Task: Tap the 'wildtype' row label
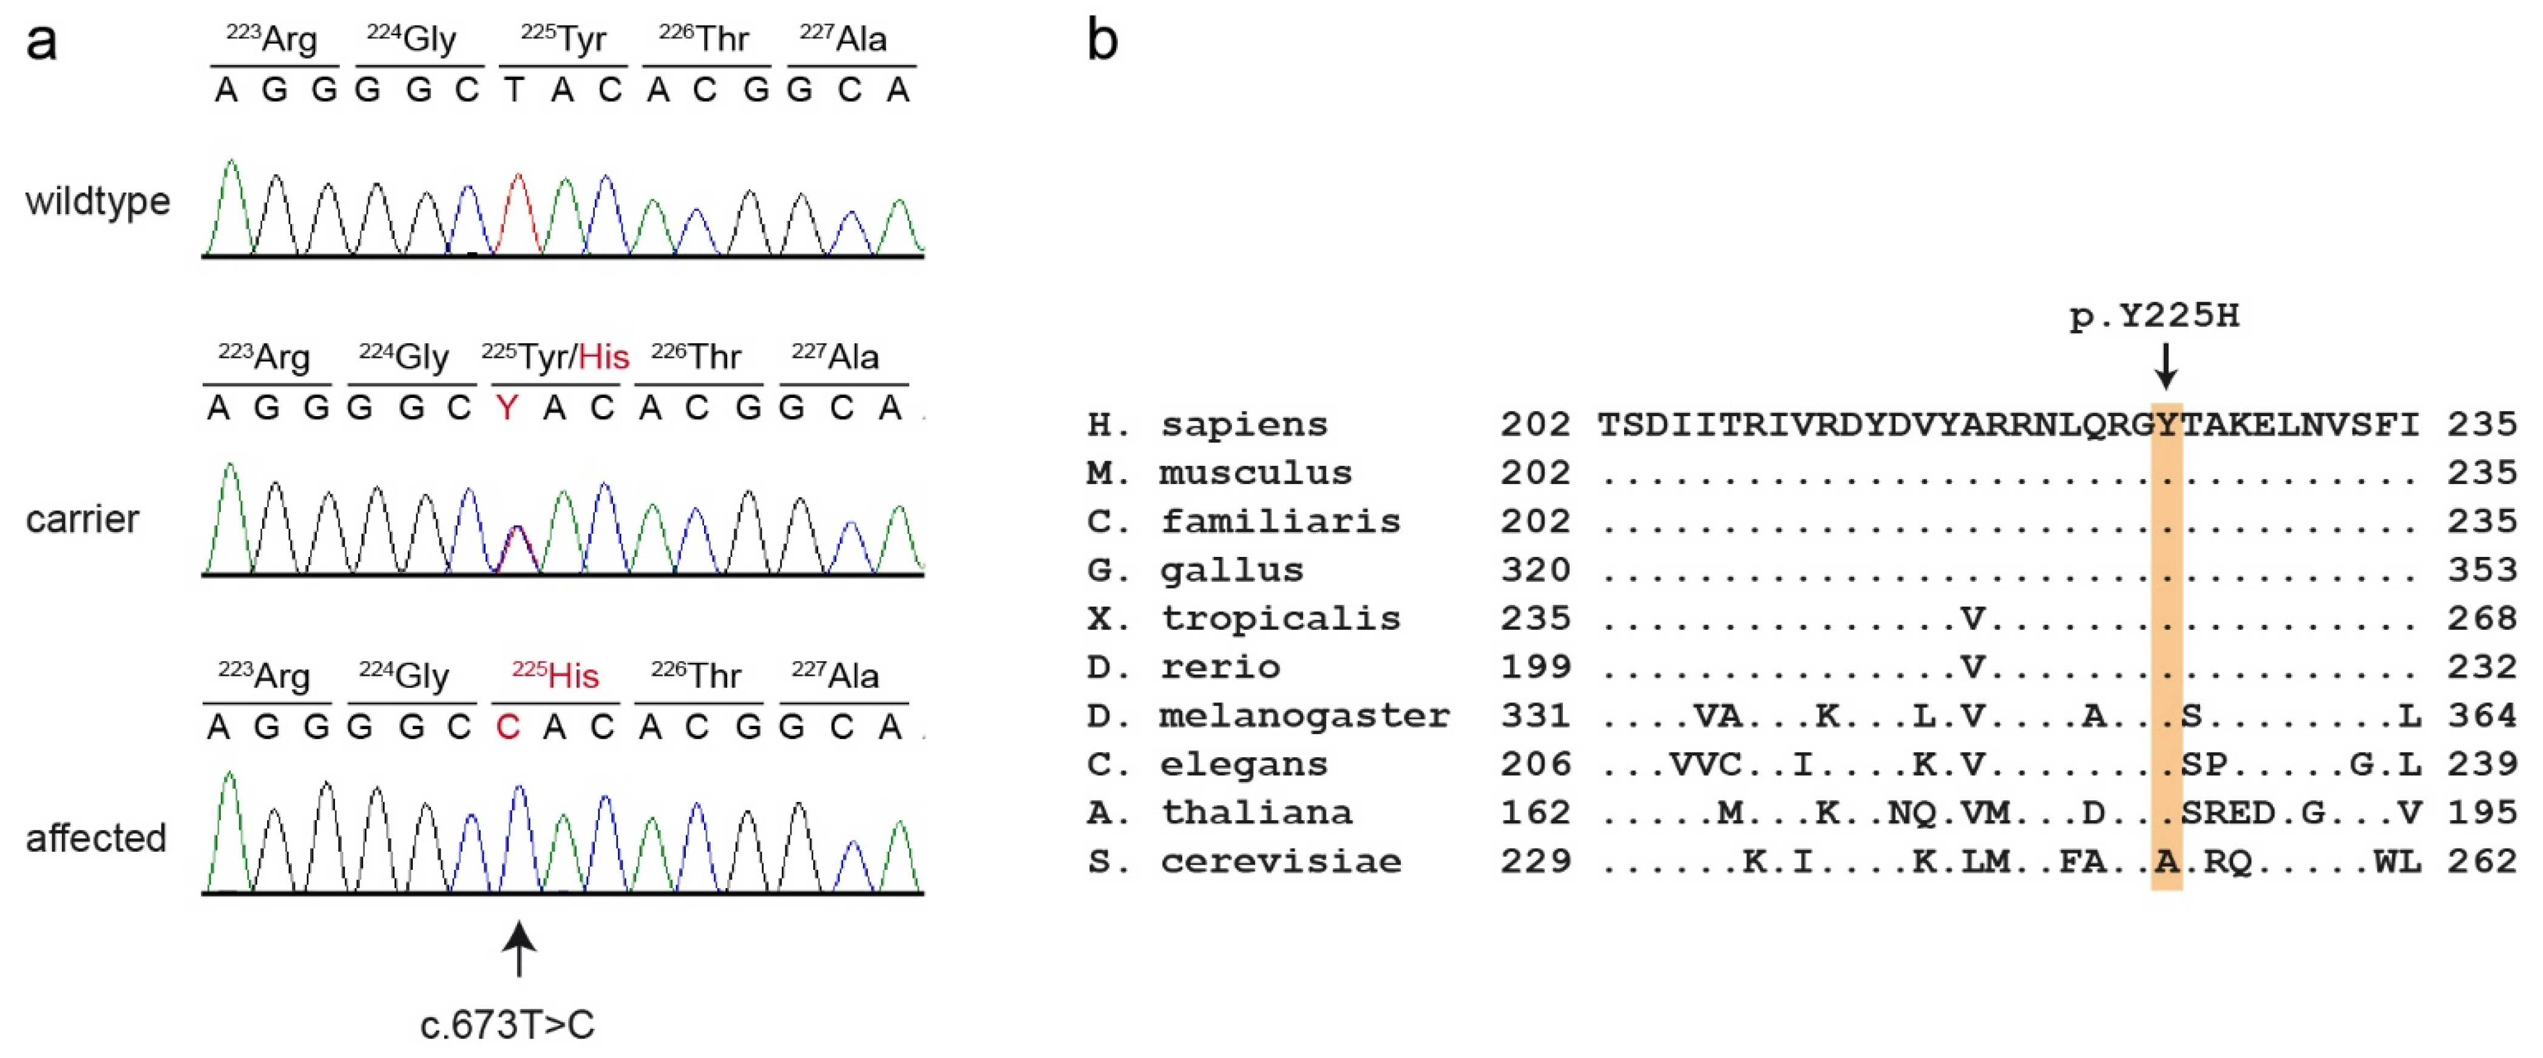point(98,201)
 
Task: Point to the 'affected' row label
point(96,838)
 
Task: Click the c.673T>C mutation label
point(507,1025)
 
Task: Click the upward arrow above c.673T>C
point(520,948)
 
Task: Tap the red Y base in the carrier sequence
point(507,408)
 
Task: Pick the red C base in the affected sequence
point(507,727)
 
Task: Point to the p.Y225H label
point(2154,316)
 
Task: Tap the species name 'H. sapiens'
point(1207,425)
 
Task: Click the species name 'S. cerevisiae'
point(1244,861)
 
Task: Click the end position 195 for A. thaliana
point(2482,812)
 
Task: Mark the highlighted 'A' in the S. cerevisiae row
point(2166,861)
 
